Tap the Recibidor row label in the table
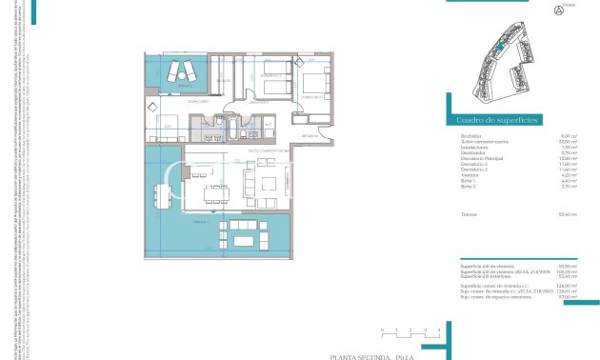[470, 136]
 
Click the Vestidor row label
[469, 176]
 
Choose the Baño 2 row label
[468, 188]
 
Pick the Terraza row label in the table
[468, 214]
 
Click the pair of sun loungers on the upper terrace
[181, 70]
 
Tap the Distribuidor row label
[470, 153]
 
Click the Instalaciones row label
[473, 148]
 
